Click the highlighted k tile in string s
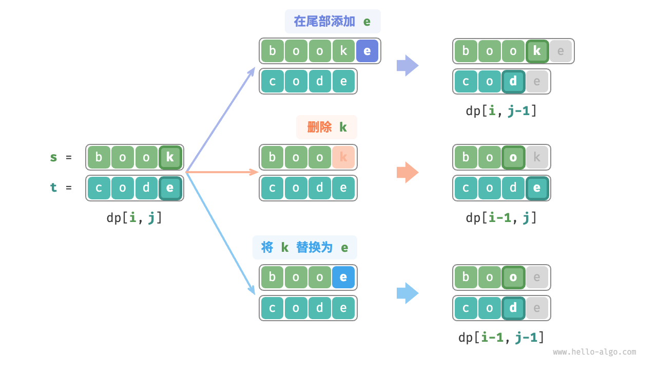[170, 157]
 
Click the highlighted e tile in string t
[170, 188]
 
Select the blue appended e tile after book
[367, 51]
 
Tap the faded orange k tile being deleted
[343, 157]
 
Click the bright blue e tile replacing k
[343, 277]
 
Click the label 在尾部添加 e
[333, 22]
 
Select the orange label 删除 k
[327, 127]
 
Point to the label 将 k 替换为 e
[305, 248]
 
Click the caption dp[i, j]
[134, 217]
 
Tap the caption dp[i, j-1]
[501, 111]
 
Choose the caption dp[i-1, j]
[501, 217]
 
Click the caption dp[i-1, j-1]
[501, 338]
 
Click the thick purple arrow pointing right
[408, 66]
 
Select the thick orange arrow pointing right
[408, 173]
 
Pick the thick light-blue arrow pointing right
[408, 293]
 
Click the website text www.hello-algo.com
[594, 353]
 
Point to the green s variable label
[53, 157]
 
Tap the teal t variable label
[53, 188]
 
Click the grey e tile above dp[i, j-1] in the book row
[561, 51]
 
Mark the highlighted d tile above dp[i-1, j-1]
[513, 308]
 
